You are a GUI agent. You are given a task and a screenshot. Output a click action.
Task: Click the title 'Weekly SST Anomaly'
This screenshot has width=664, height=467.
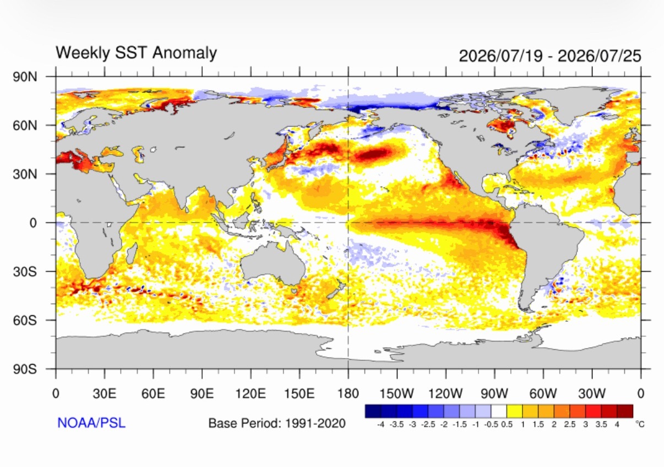pos(137,53)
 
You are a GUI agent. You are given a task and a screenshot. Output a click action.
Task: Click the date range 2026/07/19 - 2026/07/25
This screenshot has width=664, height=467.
pos(550,56)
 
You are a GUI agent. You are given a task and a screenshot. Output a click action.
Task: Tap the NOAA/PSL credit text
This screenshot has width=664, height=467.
pos(91,422)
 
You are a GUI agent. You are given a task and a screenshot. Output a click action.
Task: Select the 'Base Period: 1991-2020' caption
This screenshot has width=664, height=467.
pos(277,423)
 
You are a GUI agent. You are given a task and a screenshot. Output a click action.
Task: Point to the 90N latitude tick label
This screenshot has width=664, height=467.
pos(25,77)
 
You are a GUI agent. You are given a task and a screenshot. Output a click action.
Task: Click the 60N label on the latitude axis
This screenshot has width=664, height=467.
pos(25,125)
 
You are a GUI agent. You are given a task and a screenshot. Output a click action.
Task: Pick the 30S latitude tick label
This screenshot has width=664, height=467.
pos(25,272)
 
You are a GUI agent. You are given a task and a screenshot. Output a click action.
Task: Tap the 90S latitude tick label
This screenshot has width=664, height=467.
pos(25,369)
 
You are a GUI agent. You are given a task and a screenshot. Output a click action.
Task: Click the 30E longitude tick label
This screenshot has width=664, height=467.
pos(105,393)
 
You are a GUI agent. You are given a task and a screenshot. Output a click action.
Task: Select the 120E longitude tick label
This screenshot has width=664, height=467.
pos(251,393)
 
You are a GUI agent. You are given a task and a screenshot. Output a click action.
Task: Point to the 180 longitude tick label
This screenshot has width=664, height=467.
pos(348,393)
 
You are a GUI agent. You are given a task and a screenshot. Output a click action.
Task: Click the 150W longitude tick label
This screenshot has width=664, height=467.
pos(396,393)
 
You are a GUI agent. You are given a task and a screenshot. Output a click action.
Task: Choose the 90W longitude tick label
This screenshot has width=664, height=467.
pos(494,393)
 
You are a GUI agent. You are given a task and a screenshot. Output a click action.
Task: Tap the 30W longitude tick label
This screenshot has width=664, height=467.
pos(592,393)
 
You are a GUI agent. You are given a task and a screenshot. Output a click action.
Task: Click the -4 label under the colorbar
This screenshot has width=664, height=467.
pos(380,425)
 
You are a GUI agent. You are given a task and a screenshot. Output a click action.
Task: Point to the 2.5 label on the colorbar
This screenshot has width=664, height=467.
pos(569,425)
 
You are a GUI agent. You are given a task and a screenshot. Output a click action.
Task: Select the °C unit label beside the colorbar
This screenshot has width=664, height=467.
pos(640,424)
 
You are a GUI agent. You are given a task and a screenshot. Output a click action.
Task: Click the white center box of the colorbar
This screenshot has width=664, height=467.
pos(499,411)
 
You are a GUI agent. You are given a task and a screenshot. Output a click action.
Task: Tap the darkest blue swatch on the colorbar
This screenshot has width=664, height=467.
pos(373,411)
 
